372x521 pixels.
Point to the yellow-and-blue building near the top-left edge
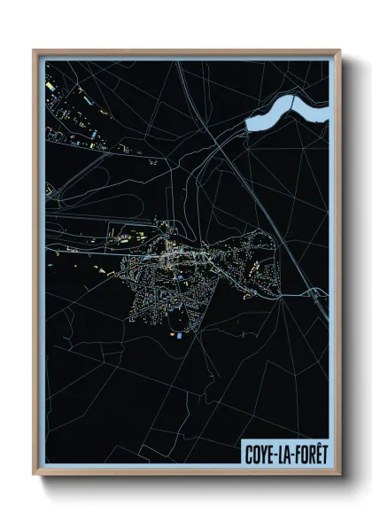pyautogui.click(x=50, y=87)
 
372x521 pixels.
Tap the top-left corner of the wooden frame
pyautogui.click(x=35, y=51)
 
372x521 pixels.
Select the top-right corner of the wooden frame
pyautogui.click(x=338, y=51)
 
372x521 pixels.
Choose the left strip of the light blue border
pyautogui.click(x=42, y=266)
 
